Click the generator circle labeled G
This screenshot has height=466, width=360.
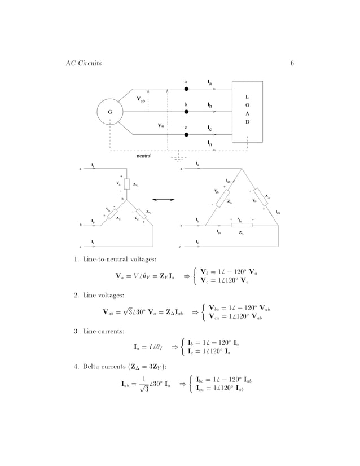[x=109, y=112]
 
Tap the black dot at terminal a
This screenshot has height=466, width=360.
[x=186, y=89]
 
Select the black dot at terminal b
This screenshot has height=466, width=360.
[x=186, y=112]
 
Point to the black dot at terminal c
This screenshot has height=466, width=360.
[x=186, y=135]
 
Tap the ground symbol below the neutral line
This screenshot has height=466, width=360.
[x=178, y=158]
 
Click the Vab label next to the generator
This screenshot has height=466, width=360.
[x=142, y=100]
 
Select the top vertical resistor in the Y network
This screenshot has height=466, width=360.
[x=127, y=184]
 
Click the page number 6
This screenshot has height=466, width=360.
[x=292, y=63]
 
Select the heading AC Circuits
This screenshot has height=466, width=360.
[x=84, y=63]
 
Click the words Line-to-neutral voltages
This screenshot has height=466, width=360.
[x=111, y=259]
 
